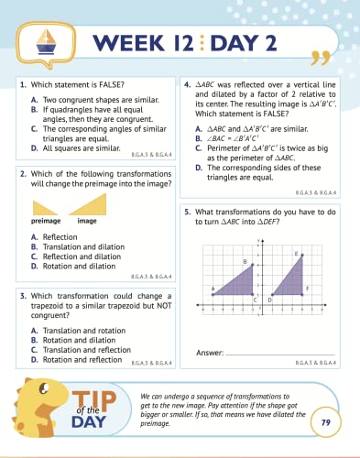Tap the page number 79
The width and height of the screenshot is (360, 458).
(x=323, y=422)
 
